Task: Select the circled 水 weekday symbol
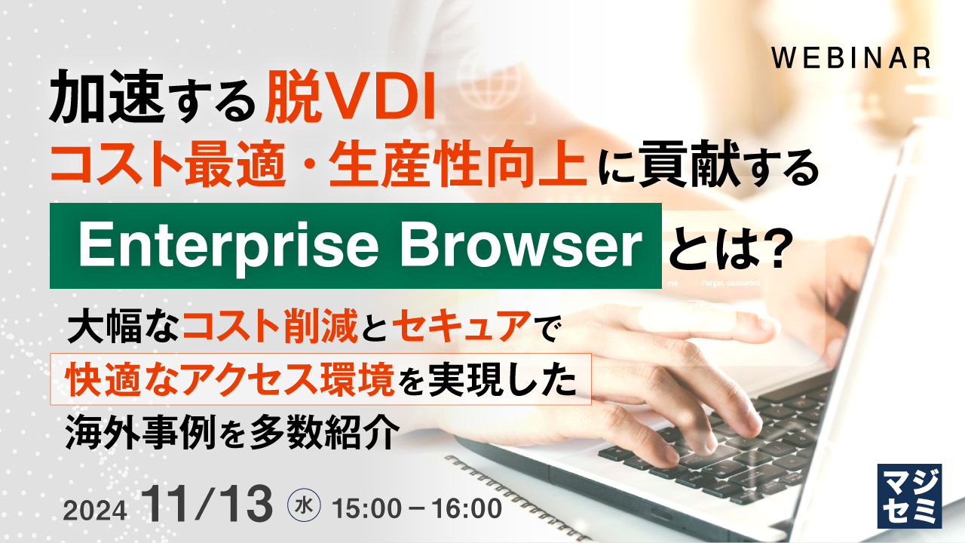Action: (x=305, y=505)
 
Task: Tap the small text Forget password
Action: (x=731, y=284)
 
